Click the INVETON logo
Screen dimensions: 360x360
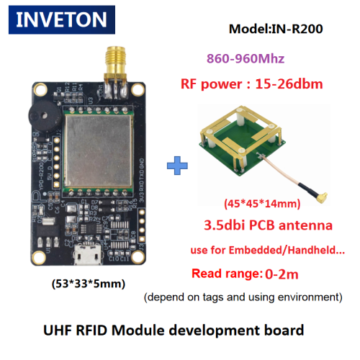(62, 19)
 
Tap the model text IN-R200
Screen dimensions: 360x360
(297, 29)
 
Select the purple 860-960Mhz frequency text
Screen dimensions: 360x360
(246, 58)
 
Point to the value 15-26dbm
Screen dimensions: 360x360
(289, 84)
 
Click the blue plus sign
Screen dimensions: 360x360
(177, 166)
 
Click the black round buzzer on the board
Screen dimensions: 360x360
(45, 117)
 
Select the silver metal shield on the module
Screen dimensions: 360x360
(99, 150)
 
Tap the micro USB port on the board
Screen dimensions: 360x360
(87, 254)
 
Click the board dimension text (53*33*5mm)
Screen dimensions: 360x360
(89, 284)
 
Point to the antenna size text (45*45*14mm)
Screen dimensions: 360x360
(262, 204)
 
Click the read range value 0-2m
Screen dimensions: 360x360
(282, 274)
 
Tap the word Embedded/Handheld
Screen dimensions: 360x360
(284, 250)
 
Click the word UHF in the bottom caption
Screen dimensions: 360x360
(58, 330)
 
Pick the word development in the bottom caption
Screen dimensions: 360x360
(215, 330)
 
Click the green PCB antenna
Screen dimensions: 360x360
(243, 141)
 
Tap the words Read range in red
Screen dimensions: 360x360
(225, 274)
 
